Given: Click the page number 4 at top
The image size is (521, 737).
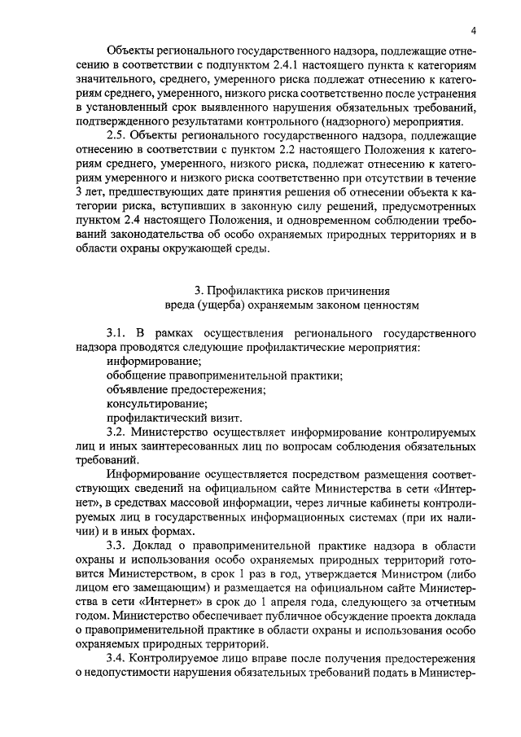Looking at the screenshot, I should pyautogui.click(x=473, y=31).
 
